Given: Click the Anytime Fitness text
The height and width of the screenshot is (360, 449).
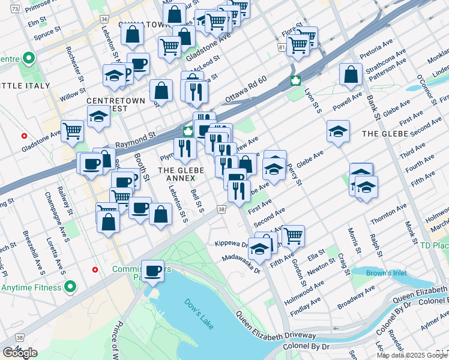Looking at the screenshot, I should point(33,287).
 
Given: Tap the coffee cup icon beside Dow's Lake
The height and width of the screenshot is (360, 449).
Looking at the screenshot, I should point(153,270).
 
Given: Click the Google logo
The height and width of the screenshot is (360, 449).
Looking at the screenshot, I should point(20,353).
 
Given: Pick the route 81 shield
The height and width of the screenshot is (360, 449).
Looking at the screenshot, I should point(282,47).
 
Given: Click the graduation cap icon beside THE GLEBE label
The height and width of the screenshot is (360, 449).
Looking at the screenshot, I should point(338,131).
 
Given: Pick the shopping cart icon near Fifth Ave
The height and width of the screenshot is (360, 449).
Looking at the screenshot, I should point(293,235).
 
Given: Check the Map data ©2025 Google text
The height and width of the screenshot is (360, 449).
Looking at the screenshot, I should point(411,355).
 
